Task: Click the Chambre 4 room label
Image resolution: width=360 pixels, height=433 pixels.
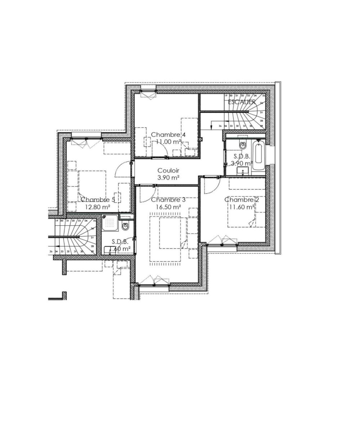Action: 168,135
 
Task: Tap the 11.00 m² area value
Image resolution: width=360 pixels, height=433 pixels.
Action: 168,142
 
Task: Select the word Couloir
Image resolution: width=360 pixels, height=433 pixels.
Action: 168,170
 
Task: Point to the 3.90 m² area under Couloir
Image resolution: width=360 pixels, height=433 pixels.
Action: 168,178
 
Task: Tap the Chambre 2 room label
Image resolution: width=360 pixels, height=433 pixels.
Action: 239,200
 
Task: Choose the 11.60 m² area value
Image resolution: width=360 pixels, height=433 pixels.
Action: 241,207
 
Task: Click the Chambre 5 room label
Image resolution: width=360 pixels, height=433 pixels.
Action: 97,200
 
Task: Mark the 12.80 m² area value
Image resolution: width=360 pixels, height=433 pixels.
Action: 97,207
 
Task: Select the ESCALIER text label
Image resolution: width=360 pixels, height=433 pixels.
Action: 242,102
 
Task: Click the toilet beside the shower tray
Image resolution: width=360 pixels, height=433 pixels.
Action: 125,227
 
